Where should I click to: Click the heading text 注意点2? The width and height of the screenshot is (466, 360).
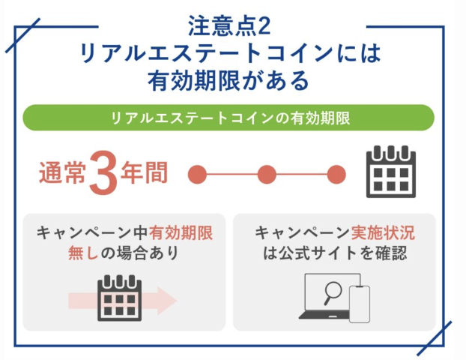(229, 26)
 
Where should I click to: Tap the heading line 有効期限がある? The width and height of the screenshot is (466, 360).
(229, 81)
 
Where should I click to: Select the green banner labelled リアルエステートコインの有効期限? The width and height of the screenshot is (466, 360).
(229, 118)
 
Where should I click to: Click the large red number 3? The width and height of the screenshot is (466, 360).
(103, 173)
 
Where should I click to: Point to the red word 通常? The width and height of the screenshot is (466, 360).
(63, 172)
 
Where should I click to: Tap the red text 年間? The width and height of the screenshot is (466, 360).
(144, 172)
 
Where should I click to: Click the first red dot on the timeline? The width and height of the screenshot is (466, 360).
(197, 174)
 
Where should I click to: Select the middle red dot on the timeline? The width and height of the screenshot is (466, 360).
(267, 174)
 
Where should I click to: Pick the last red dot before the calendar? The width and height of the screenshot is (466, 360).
(336, 174)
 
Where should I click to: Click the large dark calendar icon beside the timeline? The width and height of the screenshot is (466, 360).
(391, 172)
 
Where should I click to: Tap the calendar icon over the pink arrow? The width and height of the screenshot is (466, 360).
(119, 298)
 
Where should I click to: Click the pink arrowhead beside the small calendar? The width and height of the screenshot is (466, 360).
(167, 301)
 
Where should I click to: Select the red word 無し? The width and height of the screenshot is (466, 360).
(83, 253)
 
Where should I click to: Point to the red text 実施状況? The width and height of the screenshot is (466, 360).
(383, 232)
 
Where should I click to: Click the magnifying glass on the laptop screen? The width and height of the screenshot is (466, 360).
(332, 292)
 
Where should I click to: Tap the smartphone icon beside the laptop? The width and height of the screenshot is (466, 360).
(360, 304)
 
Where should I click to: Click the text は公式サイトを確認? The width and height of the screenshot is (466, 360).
(335, 253)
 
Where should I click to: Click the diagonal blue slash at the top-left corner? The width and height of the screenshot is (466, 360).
(23, 35)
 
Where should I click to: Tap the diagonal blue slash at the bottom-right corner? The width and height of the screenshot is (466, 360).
(435, 338)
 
